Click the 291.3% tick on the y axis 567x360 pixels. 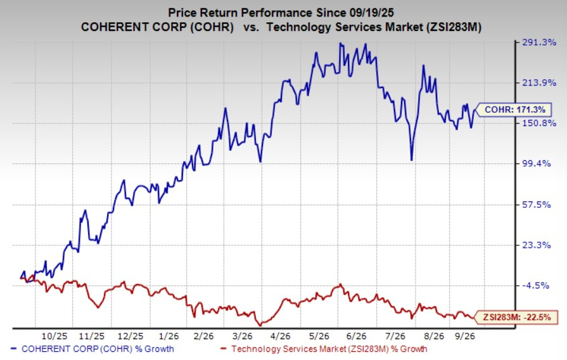point(539,42)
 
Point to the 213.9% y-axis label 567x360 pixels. point(539,83)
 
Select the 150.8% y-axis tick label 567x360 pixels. point(539,123)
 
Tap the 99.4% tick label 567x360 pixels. point(537,164)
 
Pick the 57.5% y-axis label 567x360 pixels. point(537,205)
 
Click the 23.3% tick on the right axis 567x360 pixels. point(537,245)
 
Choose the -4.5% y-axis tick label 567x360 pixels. point(535,285)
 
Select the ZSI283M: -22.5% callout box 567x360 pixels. point(517,318)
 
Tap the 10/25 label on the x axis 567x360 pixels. point(54,336)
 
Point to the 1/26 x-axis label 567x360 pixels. point(169,336)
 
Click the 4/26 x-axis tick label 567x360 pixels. point(280,336)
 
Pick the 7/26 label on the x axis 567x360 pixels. point(395,336)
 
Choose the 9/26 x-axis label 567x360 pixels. point(464,336)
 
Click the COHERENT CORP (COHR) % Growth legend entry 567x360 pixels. point(92,349)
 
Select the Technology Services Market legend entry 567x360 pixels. point(324,349)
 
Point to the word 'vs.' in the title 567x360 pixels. point(252,27)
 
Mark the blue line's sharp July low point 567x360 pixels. point(412,160)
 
